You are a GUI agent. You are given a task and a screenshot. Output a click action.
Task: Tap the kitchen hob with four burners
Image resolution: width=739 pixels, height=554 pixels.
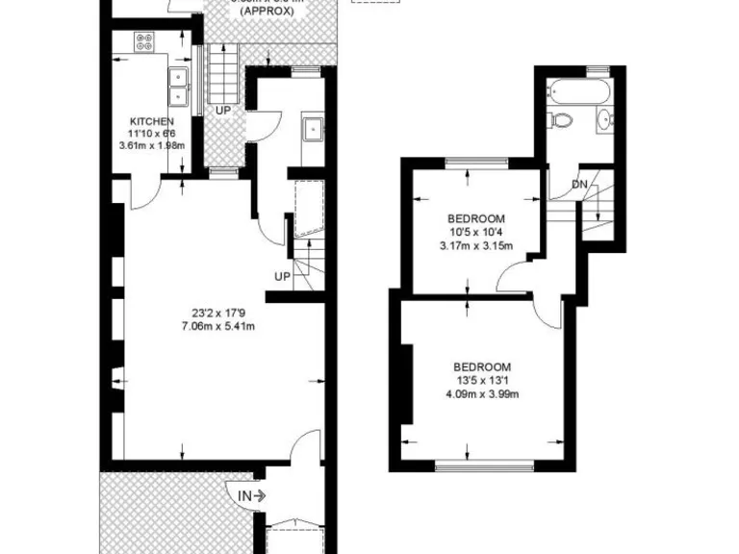pos(145,42)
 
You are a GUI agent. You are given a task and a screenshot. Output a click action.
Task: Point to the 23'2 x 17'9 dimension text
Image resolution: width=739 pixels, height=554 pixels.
pos(221,312)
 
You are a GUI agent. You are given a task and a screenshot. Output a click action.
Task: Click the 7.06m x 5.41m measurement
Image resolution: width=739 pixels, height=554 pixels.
pos(221,325)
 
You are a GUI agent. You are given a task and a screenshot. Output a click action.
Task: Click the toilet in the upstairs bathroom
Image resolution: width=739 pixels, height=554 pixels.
pos(560,120)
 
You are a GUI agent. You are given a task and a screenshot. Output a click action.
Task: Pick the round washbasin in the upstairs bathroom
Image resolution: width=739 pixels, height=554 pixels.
pos(605,120)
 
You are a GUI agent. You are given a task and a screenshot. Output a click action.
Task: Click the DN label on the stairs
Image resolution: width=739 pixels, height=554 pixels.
pos(579,184)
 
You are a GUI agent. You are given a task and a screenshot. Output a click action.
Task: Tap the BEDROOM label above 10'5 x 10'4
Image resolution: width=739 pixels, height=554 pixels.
pos(476,219)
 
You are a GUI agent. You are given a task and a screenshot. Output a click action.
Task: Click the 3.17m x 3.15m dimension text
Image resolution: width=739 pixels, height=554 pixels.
pos(476,245)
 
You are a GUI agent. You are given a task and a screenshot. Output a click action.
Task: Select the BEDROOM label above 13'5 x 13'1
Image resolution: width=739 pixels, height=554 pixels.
pos(482,367)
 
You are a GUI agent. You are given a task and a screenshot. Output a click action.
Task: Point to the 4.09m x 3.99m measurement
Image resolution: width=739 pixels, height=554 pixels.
pos(482,393)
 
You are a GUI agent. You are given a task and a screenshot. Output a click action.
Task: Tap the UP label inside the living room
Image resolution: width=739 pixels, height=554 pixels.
pos(282,277)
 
